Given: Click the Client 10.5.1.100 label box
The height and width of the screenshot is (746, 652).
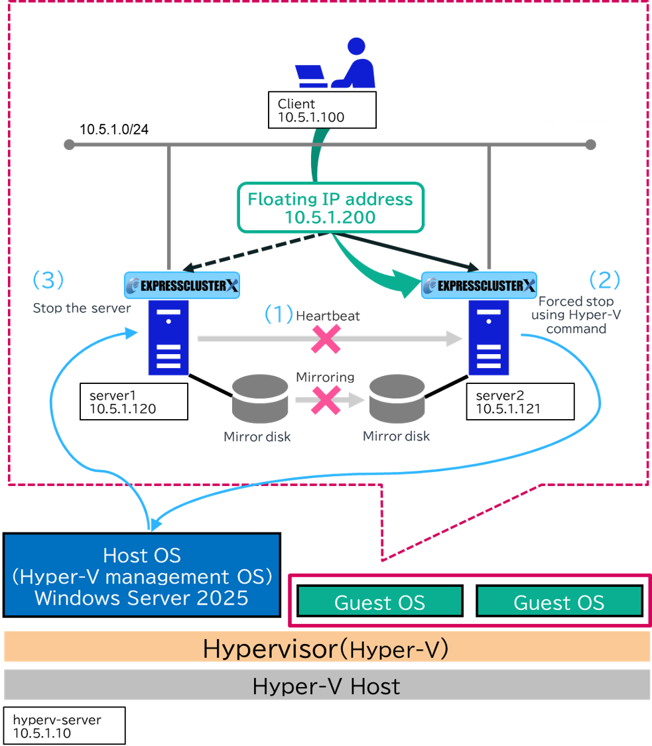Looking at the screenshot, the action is click(322, 110).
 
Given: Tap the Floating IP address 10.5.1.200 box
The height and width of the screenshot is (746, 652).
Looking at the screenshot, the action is click(331, 208).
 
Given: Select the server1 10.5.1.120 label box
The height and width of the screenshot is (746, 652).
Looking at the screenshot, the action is click(134, 402).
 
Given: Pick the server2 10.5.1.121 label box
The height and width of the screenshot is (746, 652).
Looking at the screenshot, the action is click(520, 402).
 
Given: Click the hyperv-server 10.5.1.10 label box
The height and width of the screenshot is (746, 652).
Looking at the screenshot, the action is click(64, 725).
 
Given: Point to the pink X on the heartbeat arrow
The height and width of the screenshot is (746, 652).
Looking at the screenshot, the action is click(326, 340).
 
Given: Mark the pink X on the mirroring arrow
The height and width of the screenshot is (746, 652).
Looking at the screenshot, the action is click(326, 400).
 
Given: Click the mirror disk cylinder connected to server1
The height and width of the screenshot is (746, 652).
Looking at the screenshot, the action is click(260, 399).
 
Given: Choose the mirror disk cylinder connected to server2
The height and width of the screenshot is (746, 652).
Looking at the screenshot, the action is click(397, 399).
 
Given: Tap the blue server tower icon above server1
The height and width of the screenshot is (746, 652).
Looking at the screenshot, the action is click(168, 338).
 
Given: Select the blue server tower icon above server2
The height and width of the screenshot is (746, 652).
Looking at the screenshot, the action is click(489, 338).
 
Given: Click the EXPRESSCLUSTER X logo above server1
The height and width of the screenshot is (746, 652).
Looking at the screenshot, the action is click(182, 285).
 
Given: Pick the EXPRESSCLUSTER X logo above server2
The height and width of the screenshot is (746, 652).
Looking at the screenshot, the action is click(480, 285).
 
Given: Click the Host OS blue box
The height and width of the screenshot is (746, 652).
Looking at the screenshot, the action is click(142, 575).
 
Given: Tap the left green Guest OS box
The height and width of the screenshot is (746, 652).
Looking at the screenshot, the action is click(380, 601).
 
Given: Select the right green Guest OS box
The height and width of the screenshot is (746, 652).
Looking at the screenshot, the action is click(559, 601).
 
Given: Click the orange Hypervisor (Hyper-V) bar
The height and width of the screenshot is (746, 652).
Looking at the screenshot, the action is click(326, 647).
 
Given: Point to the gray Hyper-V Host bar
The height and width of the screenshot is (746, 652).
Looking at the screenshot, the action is click(326, 685).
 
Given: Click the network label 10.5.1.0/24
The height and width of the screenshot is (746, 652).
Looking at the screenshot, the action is click(113, 129).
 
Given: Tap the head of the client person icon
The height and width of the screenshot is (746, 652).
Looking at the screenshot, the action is click(356, 46).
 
